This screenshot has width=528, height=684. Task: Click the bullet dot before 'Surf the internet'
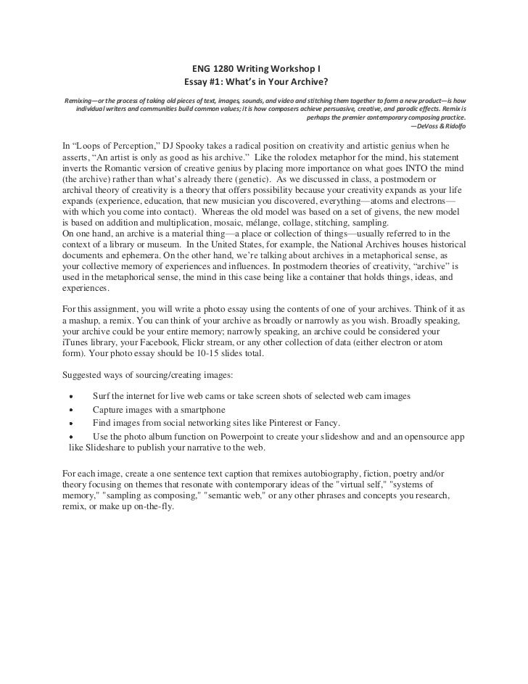[70, 397]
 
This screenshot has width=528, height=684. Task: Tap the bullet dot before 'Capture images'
[70, 411]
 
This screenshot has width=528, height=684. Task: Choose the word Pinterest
[272, 423]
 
